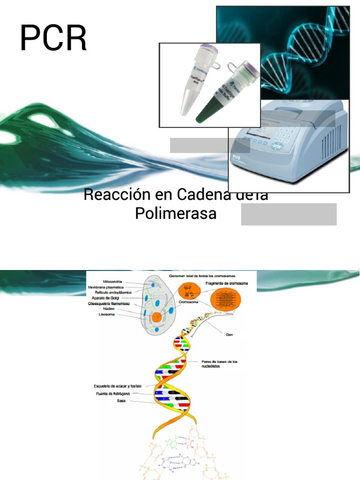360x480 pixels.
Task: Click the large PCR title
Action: click(x=53, y=38)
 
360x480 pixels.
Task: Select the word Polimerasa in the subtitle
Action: click(x=176, y=213)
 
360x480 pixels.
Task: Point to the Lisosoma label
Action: click(x=106, y=315)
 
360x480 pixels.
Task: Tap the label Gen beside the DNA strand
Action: click(x=229, y=335)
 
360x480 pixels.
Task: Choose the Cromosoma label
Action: click(x=188, y=302)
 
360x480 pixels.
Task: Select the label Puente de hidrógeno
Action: click(x=112, y=394)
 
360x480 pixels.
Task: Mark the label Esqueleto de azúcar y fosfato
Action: click(x=118, y=386)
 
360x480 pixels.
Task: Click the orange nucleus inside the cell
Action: click(x=156, y=317)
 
